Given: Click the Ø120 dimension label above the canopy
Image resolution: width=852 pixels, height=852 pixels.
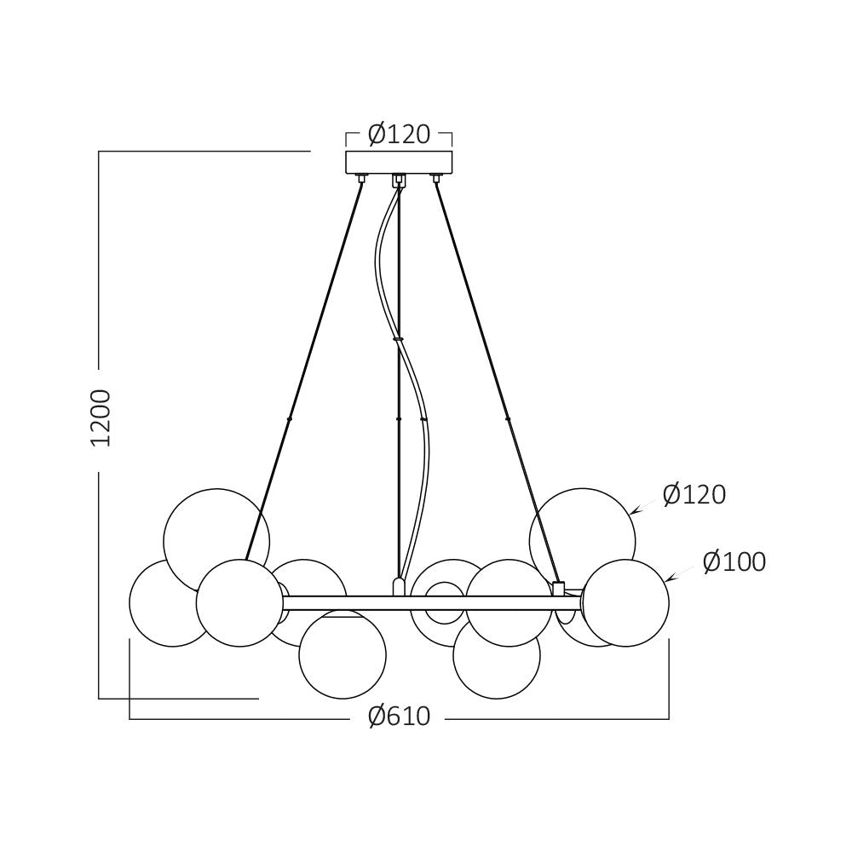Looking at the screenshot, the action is (x=400, y=135).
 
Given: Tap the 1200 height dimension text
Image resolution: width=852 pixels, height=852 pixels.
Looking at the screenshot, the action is (x=101, y=417).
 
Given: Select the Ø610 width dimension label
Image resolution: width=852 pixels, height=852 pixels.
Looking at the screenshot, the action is (x=400, y=717).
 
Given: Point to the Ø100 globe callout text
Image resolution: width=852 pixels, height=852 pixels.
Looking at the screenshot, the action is (x=734, y=561).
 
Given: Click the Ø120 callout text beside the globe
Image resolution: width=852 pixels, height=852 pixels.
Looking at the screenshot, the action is (x=694, y=494).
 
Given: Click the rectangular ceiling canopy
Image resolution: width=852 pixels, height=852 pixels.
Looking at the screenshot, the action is (x=400, y=163).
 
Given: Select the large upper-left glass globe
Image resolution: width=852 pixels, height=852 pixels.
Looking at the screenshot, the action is (x=216, y=541).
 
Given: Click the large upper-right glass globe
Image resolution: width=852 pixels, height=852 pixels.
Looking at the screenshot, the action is (x=582, y=541).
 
